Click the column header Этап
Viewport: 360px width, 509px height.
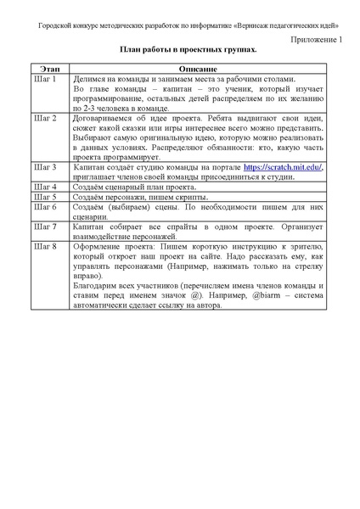[x=42, y=67]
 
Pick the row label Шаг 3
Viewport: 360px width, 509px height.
[x=43, y=168]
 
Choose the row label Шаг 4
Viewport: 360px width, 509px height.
[x=43, y=186]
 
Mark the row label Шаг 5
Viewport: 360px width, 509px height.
[x=43, y=196]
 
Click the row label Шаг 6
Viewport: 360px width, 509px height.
[x=43, y=206]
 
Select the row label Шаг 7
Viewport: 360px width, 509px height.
[x=43, y=227]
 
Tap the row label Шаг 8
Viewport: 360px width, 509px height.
[x=43, y=246]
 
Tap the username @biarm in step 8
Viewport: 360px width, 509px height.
[x=271, y=295]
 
